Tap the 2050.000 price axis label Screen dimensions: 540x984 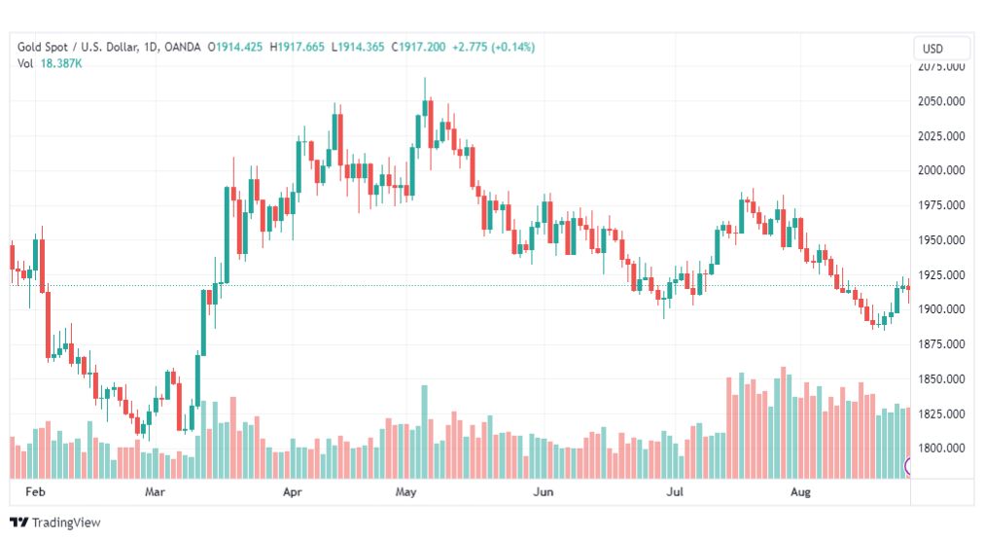coord(941,101)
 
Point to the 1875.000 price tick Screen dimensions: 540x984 coord(941,344)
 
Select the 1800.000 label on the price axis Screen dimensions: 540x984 coord(941,449)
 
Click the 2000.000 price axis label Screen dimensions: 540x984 coord(941,170)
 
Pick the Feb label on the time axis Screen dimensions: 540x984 coord(35,493)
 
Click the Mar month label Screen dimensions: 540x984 coord(157,493)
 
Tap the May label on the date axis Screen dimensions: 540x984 coord(406,493)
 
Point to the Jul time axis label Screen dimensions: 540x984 coord(673,493)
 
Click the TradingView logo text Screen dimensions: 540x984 coord(66,522)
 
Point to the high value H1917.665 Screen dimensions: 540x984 coord(297,47)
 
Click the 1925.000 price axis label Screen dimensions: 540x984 coord(941,275)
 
